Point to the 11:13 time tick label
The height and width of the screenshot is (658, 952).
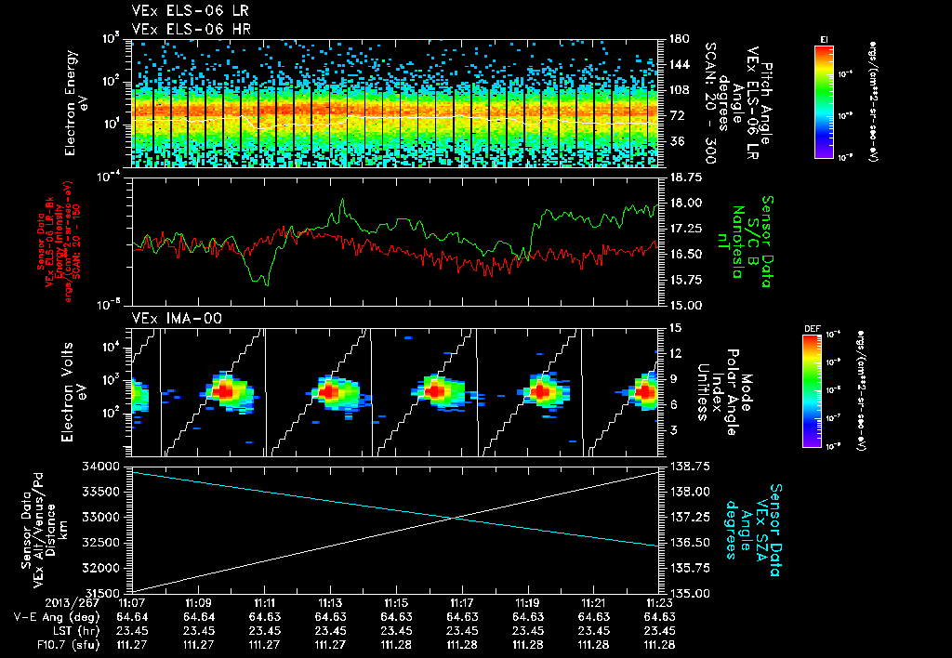[x=330, y=602]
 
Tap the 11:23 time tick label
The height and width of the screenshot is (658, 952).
[x=659, y=602]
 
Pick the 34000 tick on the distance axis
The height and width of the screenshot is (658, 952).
[x=106, y=466]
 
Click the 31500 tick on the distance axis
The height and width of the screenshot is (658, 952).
[x=106, y=592]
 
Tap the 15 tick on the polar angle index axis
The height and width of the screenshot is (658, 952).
[x=674, y=327]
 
